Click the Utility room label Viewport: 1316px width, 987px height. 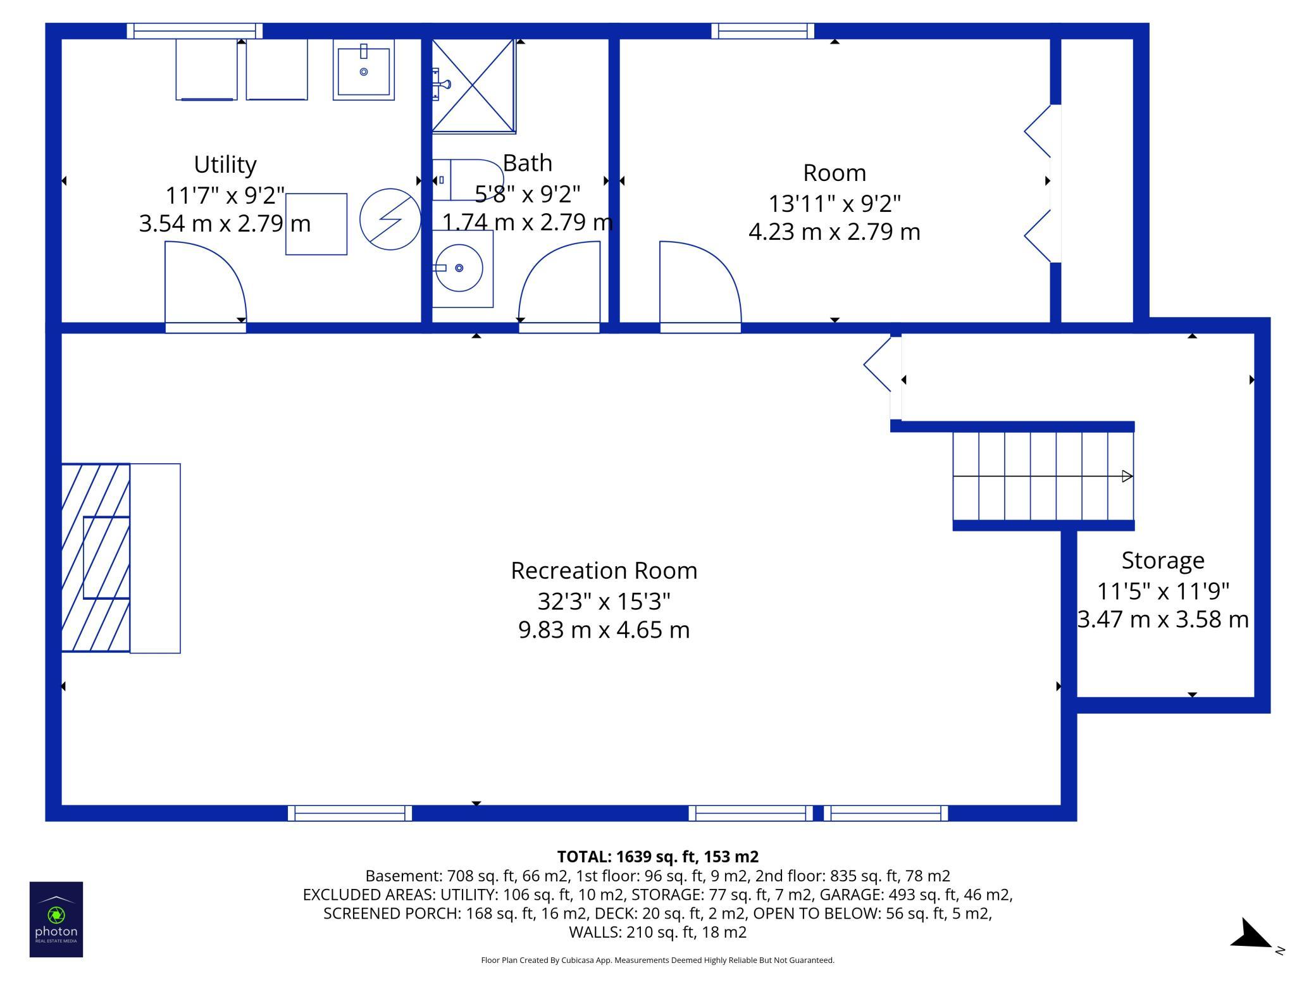pyautogui.click(x=225, y=165)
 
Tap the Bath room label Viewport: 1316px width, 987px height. pyautogui.click(x=528, y=163)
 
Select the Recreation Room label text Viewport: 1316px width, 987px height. pyautogui.click(x=604, y=571)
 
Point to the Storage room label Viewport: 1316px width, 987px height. pyautogui.click(x=1163, y=561)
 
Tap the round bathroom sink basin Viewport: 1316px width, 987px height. pyautogui.click(x=459, y=268)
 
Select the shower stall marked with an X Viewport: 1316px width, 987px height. pyautogui.click(x=473, y=86)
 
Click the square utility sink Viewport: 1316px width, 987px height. pyautogui.click(x=364, y=70)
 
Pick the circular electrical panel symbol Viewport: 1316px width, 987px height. pyautogui.click(x=390, y=219)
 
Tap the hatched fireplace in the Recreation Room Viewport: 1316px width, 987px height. pyautogui.click(x=96, y=557)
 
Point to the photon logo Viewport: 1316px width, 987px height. pyautogui.click(x=56, y=919)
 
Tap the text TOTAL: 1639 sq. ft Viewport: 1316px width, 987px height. pyautogui.click(x=627, y=857)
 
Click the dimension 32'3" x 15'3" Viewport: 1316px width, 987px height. pyautogui.click(x=604, y=600)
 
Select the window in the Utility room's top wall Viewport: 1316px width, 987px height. pyautogui.click(x=195, y=31)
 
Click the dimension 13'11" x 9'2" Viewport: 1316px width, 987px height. pyautogui.click(x=835, y=203)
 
